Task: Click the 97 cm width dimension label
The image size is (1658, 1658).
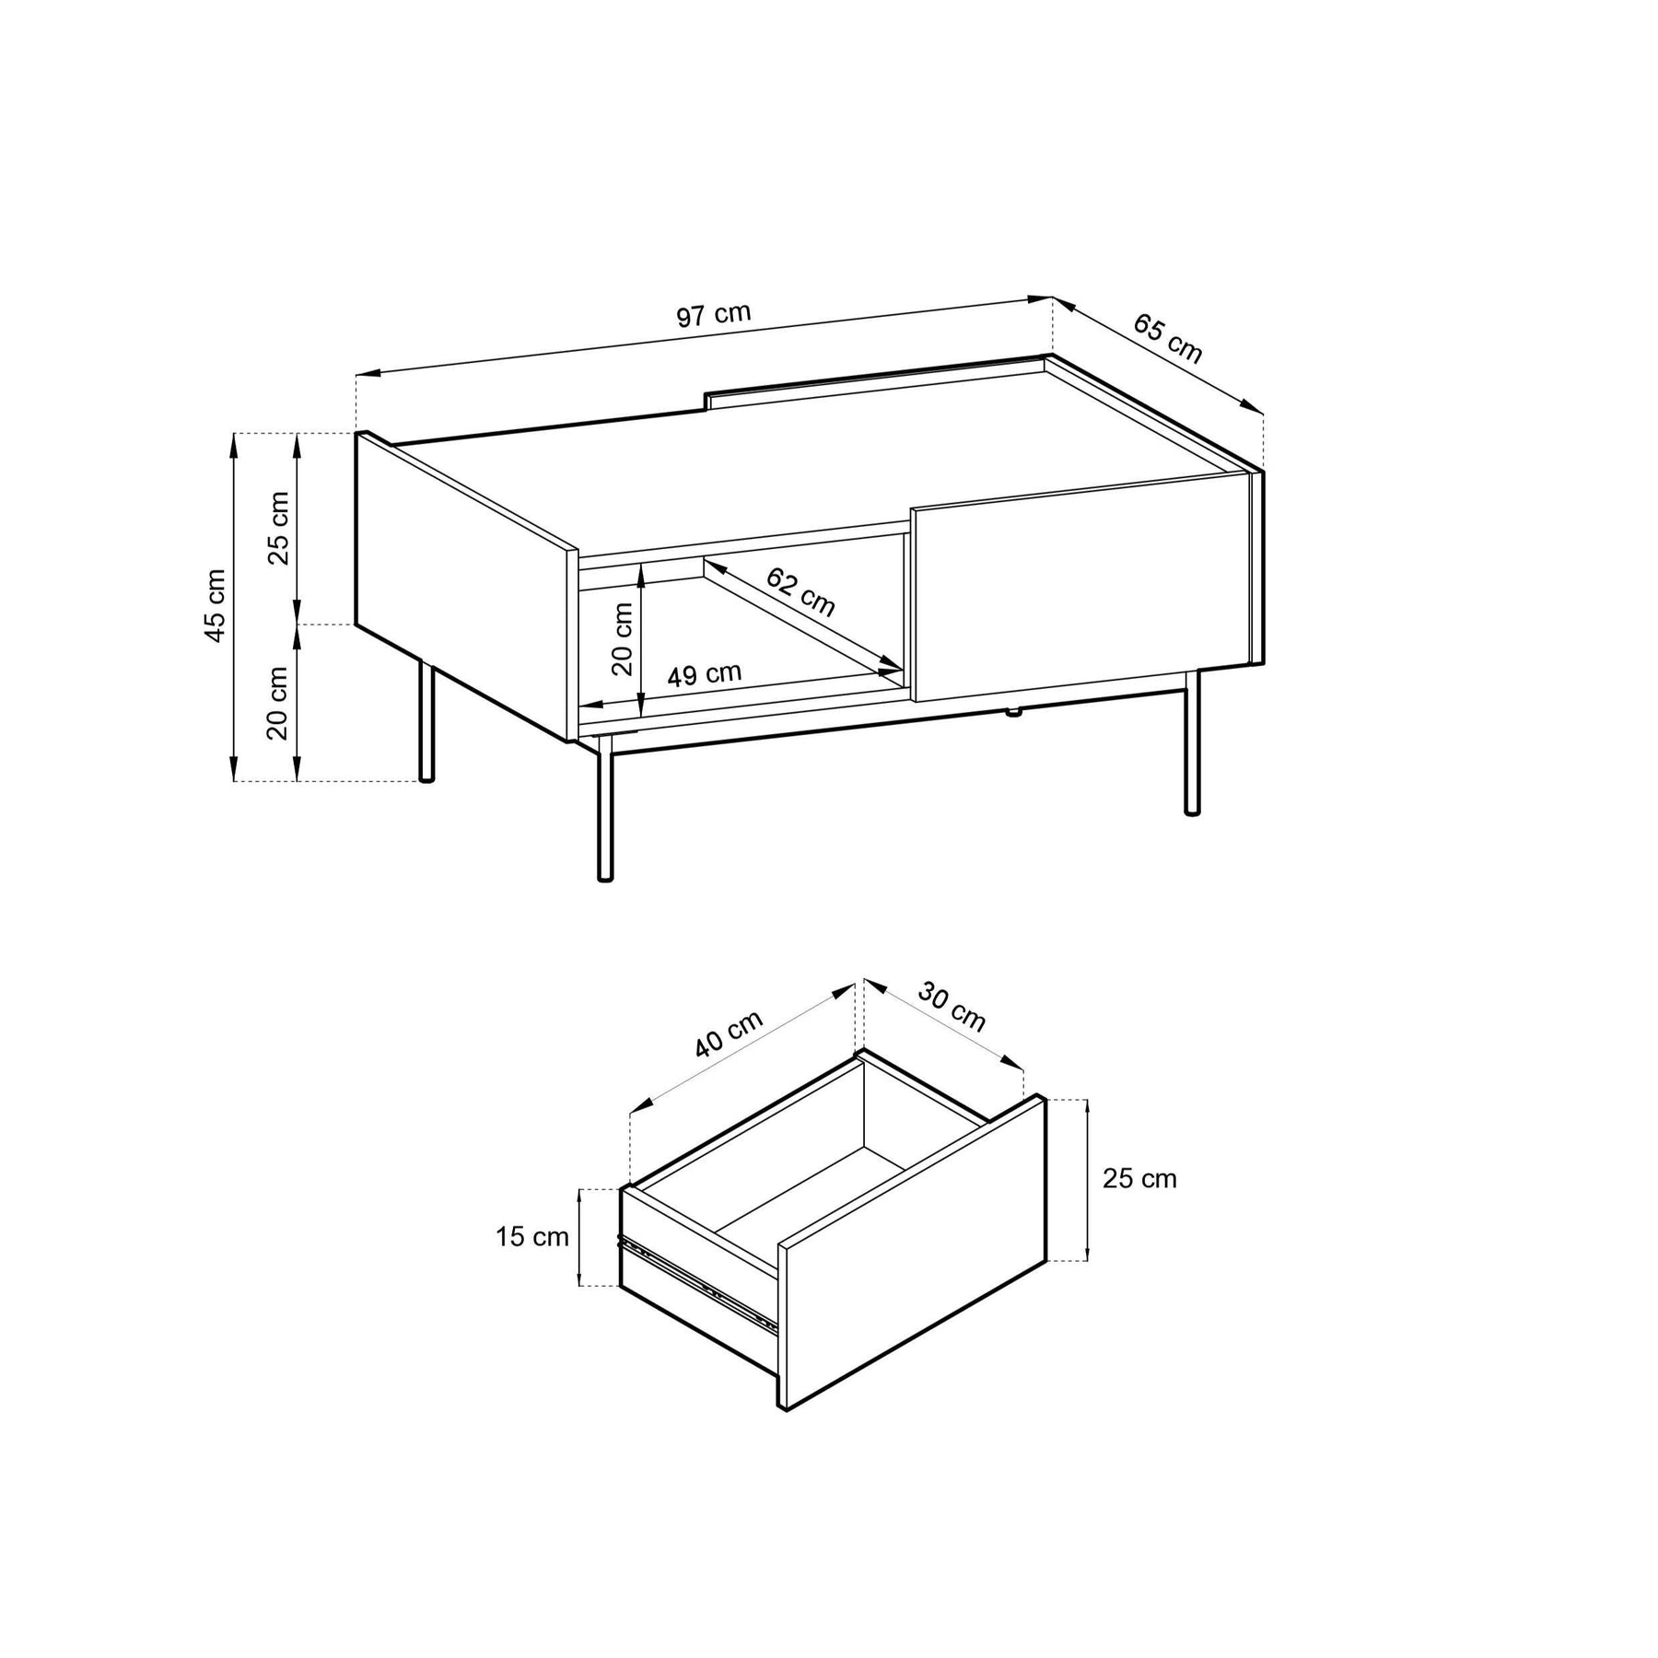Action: [714, 314]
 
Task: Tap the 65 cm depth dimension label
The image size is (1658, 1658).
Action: [1168, 338]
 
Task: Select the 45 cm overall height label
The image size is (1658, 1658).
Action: [215, 605]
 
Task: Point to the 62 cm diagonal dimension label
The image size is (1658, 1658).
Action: [800, 592]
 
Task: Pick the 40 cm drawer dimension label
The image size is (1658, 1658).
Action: [729, 1033]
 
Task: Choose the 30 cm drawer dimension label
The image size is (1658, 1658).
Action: [952, 1007]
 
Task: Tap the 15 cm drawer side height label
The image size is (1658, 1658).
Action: [532, 1236]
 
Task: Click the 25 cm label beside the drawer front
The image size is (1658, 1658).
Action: [1139, 1178]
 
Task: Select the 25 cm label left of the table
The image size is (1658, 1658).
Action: [279, 528]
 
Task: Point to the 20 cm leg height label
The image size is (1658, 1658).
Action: [277, 703]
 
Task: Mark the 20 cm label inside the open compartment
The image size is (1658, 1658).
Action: [624, 639]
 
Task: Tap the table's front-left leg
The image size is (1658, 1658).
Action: [605, 809]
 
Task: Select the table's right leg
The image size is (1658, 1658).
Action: [1192, 742]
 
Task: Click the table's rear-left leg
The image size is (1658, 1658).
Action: [426, 719]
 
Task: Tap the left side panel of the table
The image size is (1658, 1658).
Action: [466, 586]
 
